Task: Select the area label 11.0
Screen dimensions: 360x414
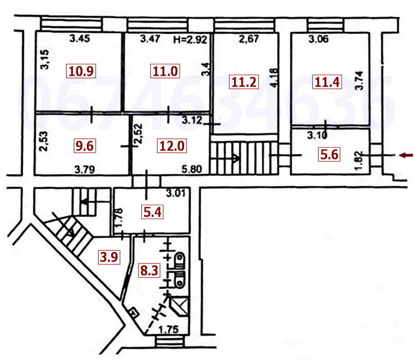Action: pyautogui.click(x=166, y=71)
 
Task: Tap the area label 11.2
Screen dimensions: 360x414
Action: pyautogui.click(x=244, y=82)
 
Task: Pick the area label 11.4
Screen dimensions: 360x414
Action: pyautogui.click(x=327, y=82)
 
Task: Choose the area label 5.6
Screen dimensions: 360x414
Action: pyautogui.click(x=329, y=154)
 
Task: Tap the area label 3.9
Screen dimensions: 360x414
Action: pyautogui.click(x=109, y=257)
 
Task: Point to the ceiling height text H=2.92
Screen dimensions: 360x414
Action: pyautogui.click(x=191, y=39)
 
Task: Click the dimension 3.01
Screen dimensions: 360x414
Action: pyautogui.click(x=176, y=194)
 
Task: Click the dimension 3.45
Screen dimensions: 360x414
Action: pyautogui.click(x=80, y=38)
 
